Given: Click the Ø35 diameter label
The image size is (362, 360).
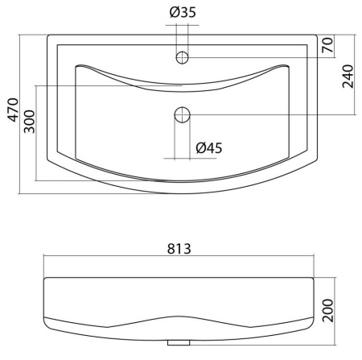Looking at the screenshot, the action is [x=183, y=12].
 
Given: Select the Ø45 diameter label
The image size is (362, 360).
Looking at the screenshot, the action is [x=209, y=148].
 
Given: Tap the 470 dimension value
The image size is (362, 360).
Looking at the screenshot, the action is [x=13, y=110].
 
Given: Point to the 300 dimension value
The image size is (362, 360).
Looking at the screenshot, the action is [x=29, y=122].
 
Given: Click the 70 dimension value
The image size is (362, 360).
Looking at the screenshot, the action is [x=327, y=45].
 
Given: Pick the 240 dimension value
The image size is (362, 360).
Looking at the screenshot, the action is [x=348, y=77].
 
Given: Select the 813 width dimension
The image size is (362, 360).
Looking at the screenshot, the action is [x=179, y=249].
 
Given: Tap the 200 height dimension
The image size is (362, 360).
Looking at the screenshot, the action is [x=327, y=310].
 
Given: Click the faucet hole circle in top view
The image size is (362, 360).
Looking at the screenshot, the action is [x=183, y=57].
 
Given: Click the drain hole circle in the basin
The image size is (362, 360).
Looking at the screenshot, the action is [x=183, y=114].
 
